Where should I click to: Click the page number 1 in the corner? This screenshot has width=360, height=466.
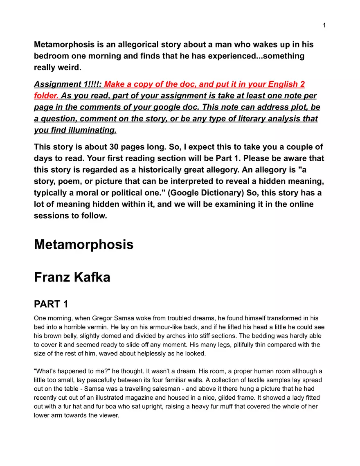coord(324,25)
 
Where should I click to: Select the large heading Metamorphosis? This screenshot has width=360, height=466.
coord(83,244)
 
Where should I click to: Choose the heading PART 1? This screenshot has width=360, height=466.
coord(51,304)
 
